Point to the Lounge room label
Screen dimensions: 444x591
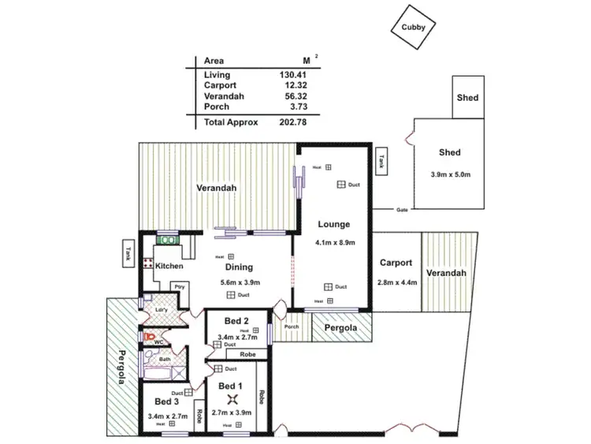click(335, 225)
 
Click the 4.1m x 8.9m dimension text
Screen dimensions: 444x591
click(336, 242)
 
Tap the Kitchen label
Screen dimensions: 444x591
click(169, 267)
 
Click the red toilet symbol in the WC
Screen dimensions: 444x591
click(147, 335)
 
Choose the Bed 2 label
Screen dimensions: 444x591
click(236, 321)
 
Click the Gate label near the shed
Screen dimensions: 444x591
click(402, 210)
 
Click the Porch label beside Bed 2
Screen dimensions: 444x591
click(292, 327)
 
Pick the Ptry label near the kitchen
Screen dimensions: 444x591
click(180, 287)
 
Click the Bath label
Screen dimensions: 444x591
click(165, 360)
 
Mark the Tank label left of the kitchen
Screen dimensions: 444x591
click(128, 254)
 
